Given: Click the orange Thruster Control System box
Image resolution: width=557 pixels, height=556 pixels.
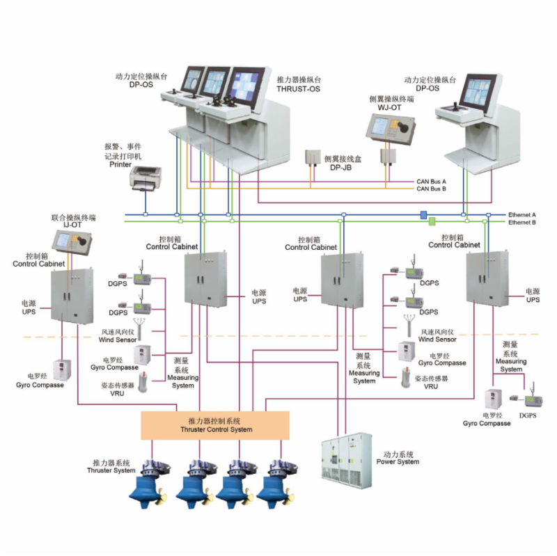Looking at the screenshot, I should pyautogui.click(x=215, y=425).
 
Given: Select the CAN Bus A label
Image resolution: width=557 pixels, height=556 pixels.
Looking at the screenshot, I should pyautogui.click(x=431, y=182).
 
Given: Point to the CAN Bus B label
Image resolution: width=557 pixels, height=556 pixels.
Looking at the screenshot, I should pyautogui.click(x=431, y=189).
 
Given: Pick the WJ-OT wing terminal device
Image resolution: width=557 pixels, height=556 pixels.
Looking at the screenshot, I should pyautogui.click(x=390, y=127).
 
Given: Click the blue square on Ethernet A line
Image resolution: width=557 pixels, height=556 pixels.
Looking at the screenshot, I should pyautogui.click(x=423, y=214).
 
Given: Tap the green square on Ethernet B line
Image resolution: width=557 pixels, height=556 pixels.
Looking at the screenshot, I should pyautogui.click(x=432, y=222).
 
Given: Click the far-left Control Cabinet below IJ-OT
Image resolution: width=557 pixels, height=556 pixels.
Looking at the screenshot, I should pyautogui.click(x=70, y=296).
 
